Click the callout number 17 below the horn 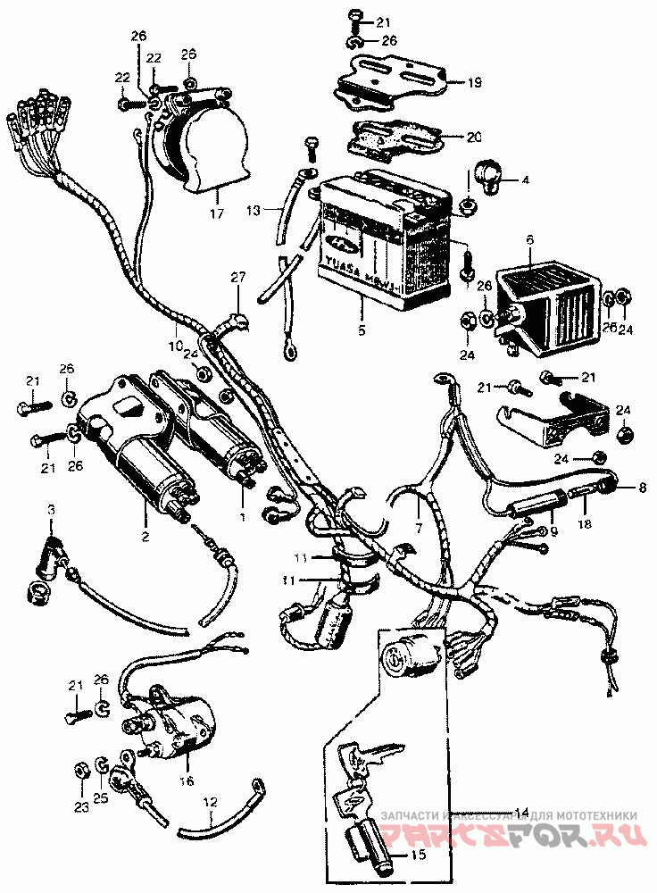point(214,214)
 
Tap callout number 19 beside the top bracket point(474,83)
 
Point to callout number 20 point(474,138)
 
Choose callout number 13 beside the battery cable point(254,211)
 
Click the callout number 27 point(237,278)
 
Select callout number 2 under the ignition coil point(145,537)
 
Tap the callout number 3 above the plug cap point(51,510)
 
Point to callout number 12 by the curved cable point(209,802)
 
